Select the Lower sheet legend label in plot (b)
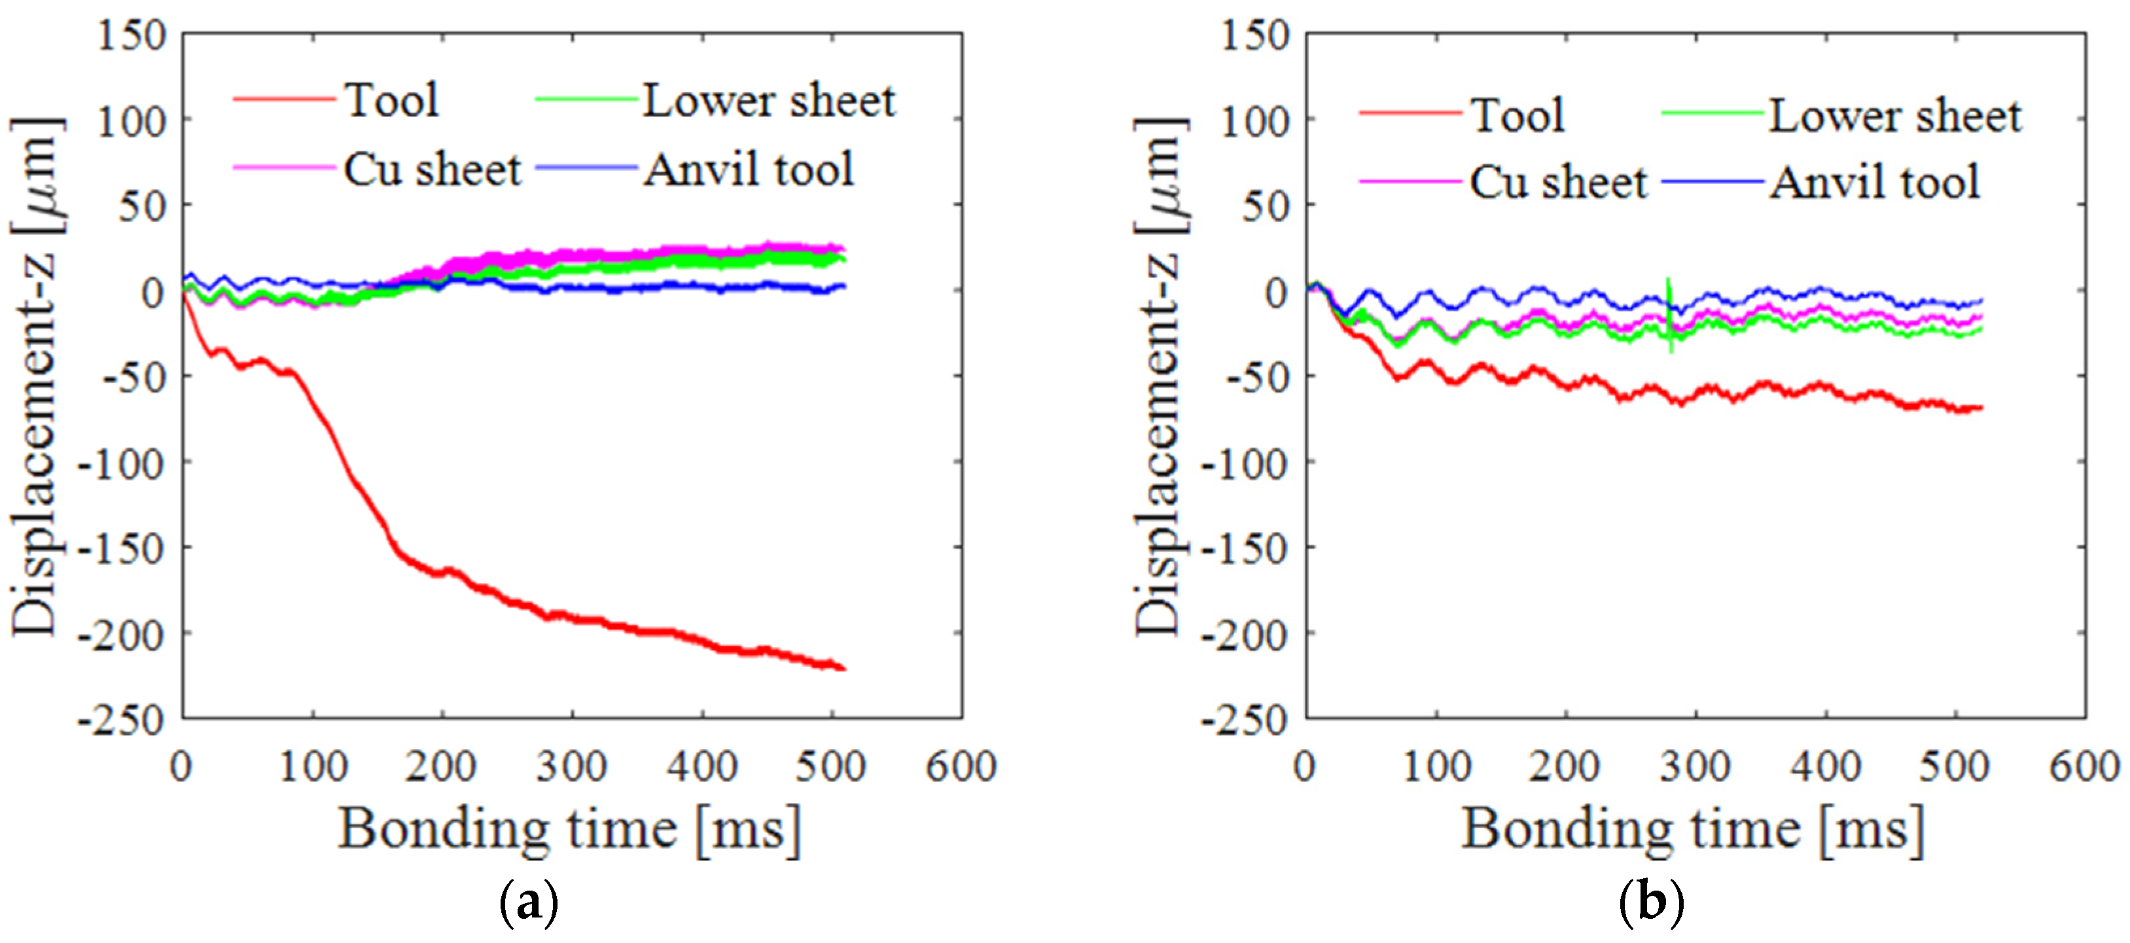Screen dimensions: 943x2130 (x=1894, y=116)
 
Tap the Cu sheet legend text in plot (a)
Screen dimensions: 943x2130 (x=432, y=170)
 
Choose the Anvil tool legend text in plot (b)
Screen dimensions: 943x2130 (x=1875, y=183)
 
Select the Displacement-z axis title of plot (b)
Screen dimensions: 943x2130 (x=1158, y=376)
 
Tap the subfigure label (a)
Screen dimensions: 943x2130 (x=529, y=903)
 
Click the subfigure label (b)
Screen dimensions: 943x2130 (x=1651, y=903)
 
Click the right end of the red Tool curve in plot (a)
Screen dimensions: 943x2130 (x=843, y=668)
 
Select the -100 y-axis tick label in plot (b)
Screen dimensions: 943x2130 (x=1245, y=464)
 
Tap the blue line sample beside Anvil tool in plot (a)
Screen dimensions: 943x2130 (x=586, y=168)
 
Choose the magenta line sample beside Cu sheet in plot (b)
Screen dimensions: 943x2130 (x=1410, y=181)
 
